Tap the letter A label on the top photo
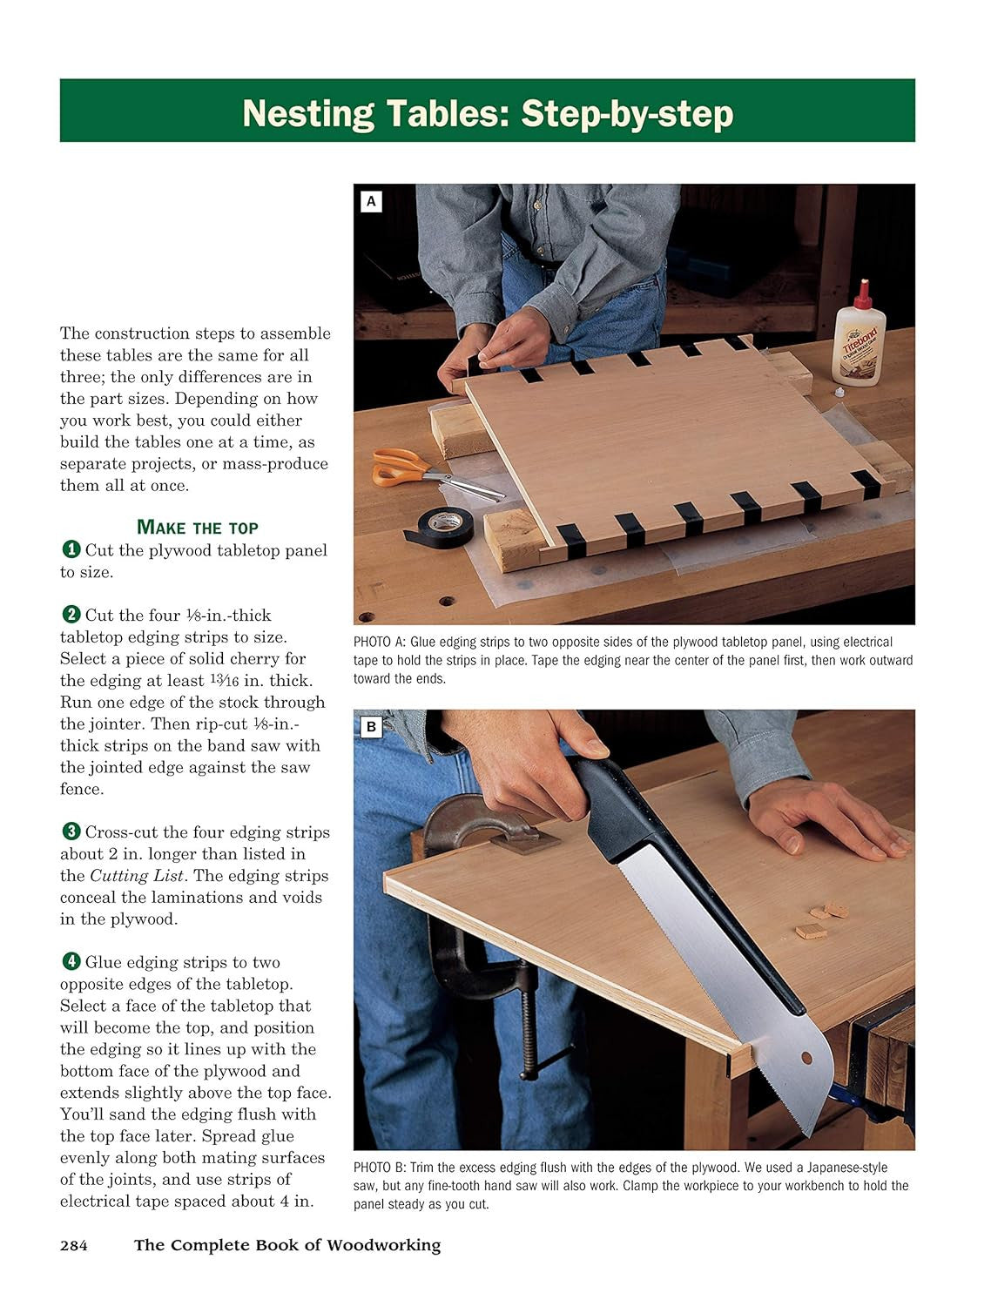[x=371, y=202]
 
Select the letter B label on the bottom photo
[x=371, y=727]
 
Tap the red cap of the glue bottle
[x=862, y=294]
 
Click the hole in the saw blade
[x=806, y=1059]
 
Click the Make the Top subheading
[x=198, y=528]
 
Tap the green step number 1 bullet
[x=71, y=549]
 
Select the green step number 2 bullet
[x=71, y=615]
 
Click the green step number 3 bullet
[x=71, y=831]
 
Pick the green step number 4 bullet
[x=71, y=961]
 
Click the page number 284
[x=74, y=1245]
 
